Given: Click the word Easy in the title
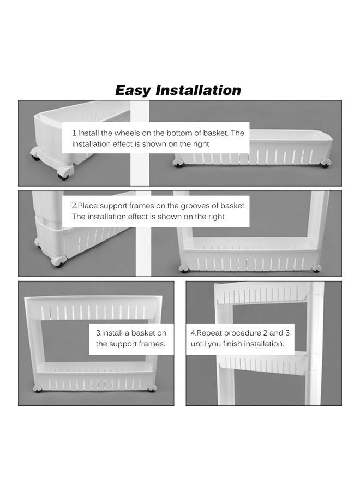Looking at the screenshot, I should [x=133, y=90].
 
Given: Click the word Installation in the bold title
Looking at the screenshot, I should [x=198, y=90].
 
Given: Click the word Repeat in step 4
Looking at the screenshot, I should [x=207, y=333].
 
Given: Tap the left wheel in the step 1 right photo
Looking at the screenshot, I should [x=178, y=163].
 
